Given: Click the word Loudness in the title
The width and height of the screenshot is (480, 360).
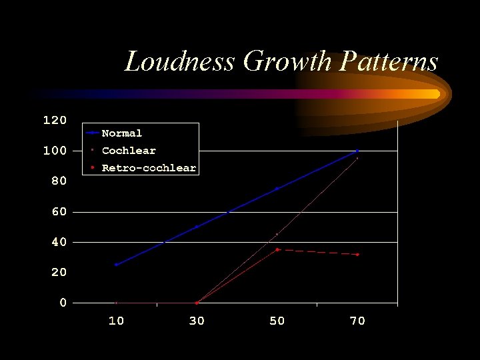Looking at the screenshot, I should click(x=180, y=62).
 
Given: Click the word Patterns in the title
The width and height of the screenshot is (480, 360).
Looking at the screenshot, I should click(x=389, y=62).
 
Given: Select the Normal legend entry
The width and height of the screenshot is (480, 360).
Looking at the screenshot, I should click(x=121, y=133).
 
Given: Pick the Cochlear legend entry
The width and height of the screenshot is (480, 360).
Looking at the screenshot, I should click(x=128, y=151).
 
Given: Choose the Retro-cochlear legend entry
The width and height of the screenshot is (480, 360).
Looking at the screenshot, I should click(x=148, y=168).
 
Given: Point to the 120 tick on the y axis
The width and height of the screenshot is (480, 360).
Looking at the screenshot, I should click(x=55, y=121).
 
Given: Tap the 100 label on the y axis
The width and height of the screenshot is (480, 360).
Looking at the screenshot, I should click(x=55, y=151).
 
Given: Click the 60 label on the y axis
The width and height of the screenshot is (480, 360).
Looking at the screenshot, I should click(x=59, y=212).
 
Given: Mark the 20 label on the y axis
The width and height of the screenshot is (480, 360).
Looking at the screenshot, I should click(x=59, y=273).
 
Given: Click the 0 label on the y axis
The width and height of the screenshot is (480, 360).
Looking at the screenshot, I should click(x=63, y=303).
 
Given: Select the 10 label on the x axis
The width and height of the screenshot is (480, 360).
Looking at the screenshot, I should click(x=116, y=321).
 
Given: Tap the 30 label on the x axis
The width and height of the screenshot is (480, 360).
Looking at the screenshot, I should click(x=197, y=321).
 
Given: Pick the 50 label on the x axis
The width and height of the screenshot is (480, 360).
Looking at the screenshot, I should click(x=277, y=321).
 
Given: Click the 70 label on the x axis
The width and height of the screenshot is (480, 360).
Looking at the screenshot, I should click(x=357, y=321).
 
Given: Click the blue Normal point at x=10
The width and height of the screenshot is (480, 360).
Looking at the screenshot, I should click(x=116, y=265).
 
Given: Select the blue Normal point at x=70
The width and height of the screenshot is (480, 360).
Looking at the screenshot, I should click(x=357, y=151).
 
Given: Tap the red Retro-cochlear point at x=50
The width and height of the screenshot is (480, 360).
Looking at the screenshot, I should click(x=277, y=249).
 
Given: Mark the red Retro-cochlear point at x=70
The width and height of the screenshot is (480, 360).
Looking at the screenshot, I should click(x=357, y=254).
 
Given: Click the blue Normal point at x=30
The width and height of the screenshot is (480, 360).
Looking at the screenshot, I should click(x=197, y=227).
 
